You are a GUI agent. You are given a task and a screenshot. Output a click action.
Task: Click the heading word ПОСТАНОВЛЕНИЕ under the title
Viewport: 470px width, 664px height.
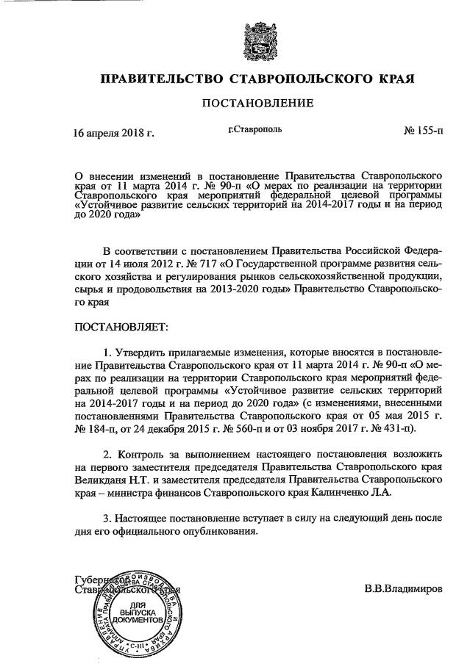pos(258,103)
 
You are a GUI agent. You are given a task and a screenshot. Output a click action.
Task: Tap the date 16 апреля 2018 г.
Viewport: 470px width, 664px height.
pos(113,134)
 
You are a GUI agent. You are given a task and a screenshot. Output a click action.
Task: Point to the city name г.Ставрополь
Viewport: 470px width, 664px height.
pos(254,130)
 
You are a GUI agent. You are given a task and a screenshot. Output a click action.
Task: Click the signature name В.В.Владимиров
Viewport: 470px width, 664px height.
pos(404,590)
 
